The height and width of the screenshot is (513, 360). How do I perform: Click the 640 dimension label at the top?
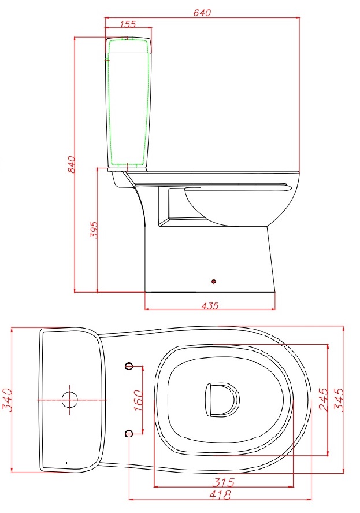coord(202,12)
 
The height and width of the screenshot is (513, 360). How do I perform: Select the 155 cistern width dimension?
coord(128,24)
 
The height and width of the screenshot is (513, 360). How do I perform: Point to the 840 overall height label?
coord(71,164)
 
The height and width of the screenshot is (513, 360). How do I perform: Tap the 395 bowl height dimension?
coord(94,230)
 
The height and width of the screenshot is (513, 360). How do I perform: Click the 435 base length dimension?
coord(210,305)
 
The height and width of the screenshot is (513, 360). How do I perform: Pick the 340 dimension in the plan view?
coord(6,400)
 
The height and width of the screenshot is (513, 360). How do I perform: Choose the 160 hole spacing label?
coord(139,400)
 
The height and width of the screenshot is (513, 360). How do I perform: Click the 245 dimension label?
coord(323,400)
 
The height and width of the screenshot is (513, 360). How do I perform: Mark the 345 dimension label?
coord(339,400)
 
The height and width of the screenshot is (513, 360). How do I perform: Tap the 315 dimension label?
coord(223,482)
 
